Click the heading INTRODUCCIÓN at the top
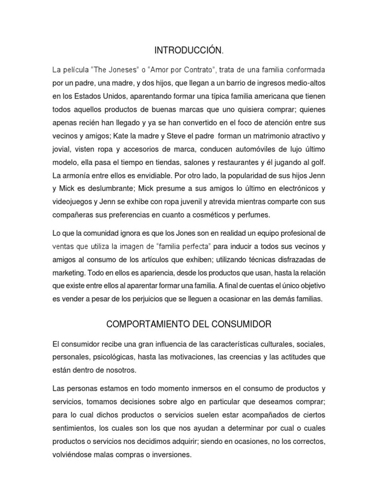point(189,50)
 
